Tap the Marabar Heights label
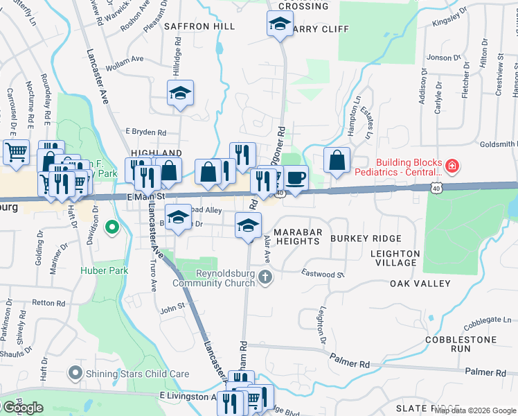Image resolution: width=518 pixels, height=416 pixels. coord(296,236)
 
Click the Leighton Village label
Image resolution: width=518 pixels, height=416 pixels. coord(395,258)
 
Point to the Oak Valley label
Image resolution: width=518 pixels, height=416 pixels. coord(420,284)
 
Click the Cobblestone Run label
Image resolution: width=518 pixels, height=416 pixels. coord(461,345)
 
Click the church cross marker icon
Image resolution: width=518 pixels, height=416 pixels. coord(265,278)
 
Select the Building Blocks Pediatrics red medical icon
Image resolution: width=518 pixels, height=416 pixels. coord(452,166)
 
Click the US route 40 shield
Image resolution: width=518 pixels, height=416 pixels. coord(435,188)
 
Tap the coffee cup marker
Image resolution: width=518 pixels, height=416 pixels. coord(296,178)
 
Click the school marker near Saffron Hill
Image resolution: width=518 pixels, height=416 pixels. coord(180,93)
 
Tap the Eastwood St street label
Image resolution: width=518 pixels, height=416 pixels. coord(323,275)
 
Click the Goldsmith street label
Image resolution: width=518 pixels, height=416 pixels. coord(497,144)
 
